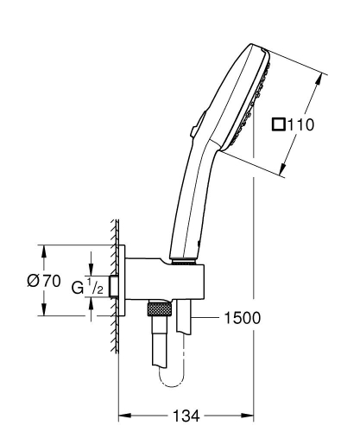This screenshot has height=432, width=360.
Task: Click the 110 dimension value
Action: click(300, 124)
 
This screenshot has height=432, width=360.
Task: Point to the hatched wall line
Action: click(115, 285)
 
